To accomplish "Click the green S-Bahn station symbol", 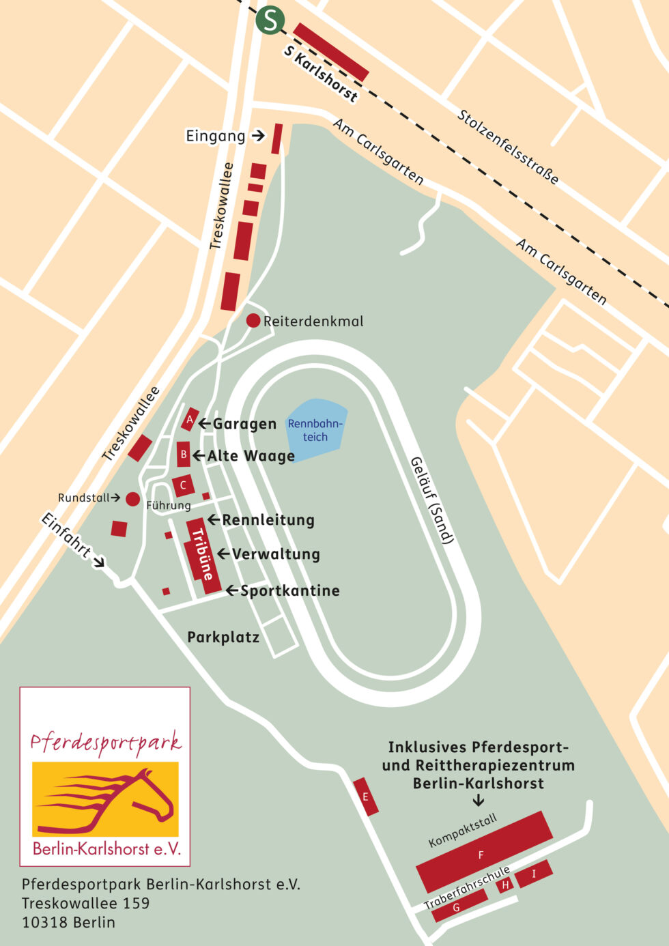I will (270, 20).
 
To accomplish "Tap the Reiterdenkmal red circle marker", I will (253, 320).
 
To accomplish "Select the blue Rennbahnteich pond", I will (316, 430).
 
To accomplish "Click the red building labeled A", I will (190, 419).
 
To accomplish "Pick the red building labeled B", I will (183, 454).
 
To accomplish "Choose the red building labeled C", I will (183, 485).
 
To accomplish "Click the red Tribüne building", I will (202, 555).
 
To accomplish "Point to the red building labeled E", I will (366, 796).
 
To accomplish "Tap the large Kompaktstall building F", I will (483, 852).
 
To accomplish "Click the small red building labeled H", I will (505, 885).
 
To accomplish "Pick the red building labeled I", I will (534, 873).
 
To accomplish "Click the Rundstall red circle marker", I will (132, 499).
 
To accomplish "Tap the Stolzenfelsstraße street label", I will (508, 147).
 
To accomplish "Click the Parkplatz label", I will (223, 637).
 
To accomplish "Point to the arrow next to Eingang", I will (257, 136).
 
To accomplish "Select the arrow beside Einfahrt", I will (99, 562).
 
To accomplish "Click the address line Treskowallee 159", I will (85, 903).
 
